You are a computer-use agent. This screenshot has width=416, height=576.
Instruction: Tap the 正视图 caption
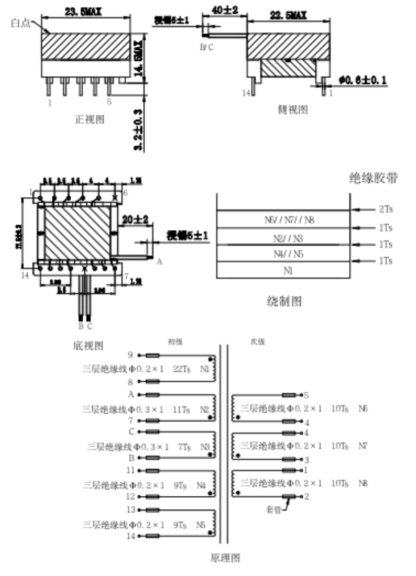click(x=90, y=118)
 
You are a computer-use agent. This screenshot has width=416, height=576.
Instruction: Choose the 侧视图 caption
click(x=292, y=109)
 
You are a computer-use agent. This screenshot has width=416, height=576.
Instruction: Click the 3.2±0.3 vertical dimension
click(x=138, y=130)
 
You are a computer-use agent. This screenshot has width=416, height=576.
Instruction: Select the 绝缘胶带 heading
click(x=374, y=178)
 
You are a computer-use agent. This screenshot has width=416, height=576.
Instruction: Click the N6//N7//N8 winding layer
click(x=289, y=220)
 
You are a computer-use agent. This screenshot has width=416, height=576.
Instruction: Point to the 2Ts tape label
click(x=385, y=209)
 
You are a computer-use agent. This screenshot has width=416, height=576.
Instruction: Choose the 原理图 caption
click(x=225, y=557)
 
